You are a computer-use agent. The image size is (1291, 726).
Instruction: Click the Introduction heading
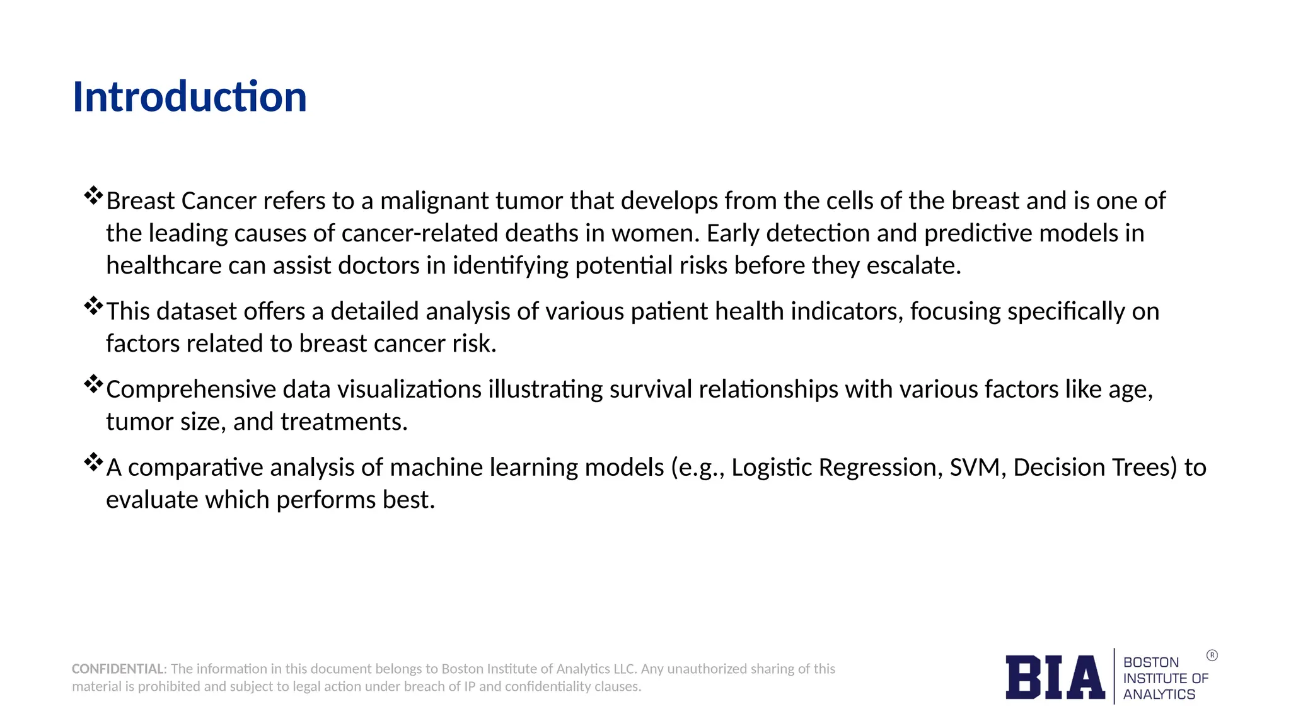coord(189,97)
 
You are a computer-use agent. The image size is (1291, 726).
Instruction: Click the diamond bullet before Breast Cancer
coord(93,195)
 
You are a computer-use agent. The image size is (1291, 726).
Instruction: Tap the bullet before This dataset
coord(93,306)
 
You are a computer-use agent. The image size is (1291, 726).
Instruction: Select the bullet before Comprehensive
coord(93,384)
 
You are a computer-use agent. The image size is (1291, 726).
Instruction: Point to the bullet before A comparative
coord(93,463)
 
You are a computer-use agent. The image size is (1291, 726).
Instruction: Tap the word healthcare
coord(163,266)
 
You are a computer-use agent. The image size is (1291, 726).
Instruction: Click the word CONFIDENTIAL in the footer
coord(118,669)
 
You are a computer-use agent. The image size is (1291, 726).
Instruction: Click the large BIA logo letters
coord(1055,677)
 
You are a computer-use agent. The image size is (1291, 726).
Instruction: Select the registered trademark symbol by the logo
coord(1212,655)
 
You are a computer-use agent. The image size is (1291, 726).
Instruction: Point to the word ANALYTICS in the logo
coord(1159,694)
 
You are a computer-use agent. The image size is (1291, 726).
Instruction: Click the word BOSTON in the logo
coord(1150,662)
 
